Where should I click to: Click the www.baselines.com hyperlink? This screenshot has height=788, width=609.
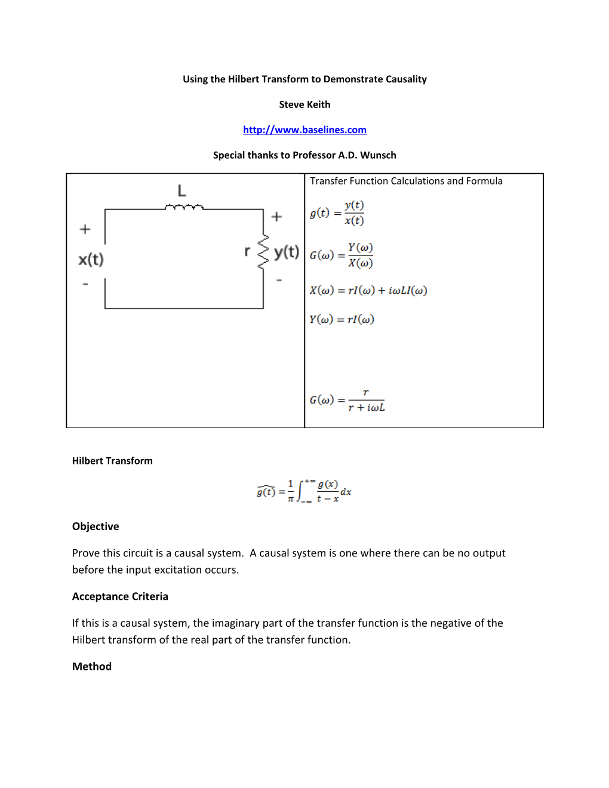point(304,130)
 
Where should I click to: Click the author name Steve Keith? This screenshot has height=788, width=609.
point(304,104)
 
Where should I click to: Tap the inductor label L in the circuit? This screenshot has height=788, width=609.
point(182,191)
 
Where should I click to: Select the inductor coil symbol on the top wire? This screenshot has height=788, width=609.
point(184,207)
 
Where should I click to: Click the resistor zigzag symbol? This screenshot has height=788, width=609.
point(263,252)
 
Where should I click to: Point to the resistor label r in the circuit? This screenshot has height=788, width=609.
point(247,251)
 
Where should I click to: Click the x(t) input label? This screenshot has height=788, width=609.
point(91,260)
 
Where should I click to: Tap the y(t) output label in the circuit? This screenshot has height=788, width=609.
point(287,252)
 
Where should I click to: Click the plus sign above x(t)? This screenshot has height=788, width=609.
point(85,229)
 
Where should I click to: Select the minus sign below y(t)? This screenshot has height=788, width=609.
point(279,280)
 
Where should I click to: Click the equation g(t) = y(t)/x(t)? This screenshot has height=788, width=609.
point(337,213)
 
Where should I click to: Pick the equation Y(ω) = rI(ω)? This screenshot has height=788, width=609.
point(342,319)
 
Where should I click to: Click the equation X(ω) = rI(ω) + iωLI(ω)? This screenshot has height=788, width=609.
point(368,291)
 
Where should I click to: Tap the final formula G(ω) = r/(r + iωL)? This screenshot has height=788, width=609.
point(347,400)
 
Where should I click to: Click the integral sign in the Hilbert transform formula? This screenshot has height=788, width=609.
point(301,491)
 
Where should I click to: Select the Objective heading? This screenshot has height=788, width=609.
point(96,527)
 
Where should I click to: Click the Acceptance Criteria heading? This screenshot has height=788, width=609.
point(120,596)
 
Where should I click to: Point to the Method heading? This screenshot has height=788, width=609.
point(92,666)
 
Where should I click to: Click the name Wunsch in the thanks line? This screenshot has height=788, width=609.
point(378,155)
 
